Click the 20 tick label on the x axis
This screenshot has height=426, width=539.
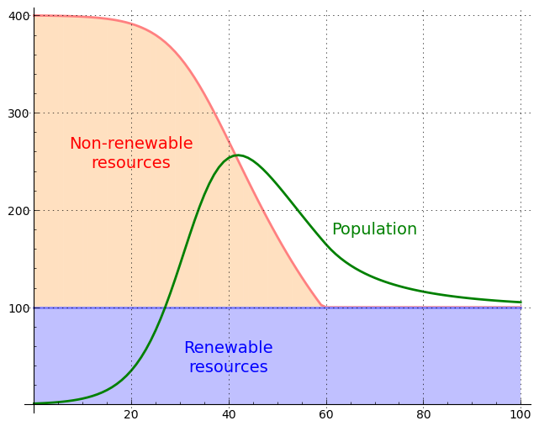tap(131, 415)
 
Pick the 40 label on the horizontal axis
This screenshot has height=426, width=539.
tap(229, 415)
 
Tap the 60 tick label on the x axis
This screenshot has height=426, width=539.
tap(326, 415)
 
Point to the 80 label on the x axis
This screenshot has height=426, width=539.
tap(424, 415)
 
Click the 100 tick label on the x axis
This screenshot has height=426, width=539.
tap(521, 415)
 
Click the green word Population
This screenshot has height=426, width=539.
tap(374, 229)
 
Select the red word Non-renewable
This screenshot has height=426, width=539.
tap(131, 144)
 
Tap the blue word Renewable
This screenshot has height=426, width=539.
tap(228, 348)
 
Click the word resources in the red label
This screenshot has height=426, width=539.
tap(131, 163)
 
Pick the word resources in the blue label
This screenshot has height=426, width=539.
tap(228, 367)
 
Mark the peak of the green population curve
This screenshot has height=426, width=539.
tap(237, 155)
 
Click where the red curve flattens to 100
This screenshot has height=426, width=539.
tap(323, 307)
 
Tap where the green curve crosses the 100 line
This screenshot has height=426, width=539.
tap(165, 308)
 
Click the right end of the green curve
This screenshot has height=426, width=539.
tap(521, 302)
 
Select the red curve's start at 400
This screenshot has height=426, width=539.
tap(34, 15)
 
